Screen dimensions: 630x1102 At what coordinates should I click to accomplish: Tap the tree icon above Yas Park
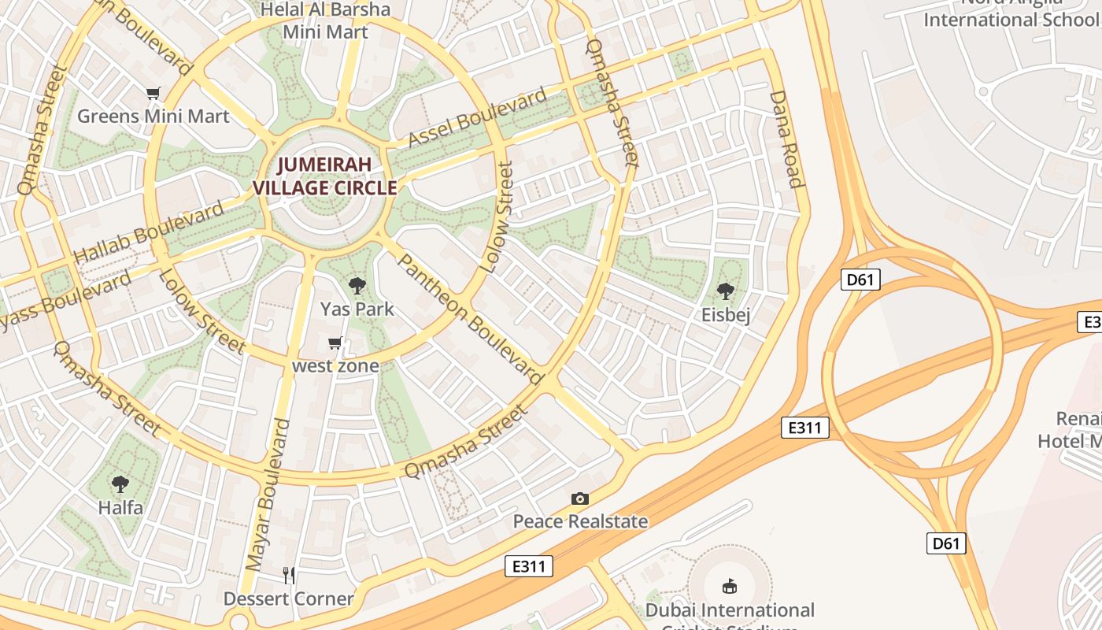coord(357,286)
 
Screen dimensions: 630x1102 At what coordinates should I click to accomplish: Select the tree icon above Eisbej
coord(725,291)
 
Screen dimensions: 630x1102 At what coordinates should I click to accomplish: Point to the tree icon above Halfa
coord(120,484)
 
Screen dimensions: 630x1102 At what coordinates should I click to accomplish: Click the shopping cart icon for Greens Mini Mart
coord(153,94)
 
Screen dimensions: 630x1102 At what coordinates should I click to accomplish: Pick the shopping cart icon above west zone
coord(335,343)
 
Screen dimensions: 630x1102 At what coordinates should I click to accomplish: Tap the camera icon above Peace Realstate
coord(580,498)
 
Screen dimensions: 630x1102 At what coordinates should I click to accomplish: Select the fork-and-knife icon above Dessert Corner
coord(289,576)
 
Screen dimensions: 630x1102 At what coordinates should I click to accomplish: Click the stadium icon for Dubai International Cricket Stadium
coord(730,586)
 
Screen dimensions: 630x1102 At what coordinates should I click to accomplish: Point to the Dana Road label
coord(786,139)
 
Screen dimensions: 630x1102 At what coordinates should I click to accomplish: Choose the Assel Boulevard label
coord(477,118)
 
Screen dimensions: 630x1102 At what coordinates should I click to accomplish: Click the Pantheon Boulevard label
coord(471,319)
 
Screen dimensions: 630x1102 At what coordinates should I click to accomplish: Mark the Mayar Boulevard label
coord(268,495)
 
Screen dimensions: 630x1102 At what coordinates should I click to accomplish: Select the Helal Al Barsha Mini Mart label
coord(325,20)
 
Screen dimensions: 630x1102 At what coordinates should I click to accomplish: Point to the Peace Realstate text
coord(580,521)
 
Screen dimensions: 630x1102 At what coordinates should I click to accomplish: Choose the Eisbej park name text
coord(725,315)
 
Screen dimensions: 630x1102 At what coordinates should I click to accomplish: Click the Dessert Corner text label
coord(289,598)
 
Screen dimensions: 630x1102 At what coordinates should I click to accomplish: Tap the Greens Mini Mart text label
coord(153,117)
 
